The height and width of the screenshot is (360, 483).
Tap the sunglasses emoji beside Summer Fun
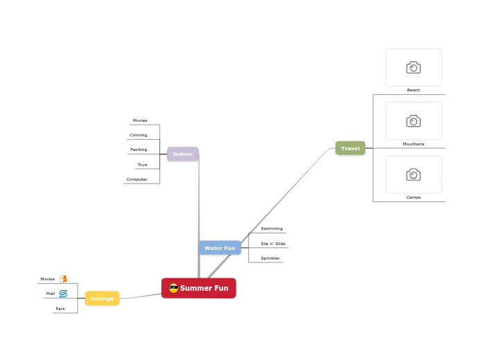174,288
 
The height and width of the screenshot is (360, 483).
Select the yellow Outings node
102,298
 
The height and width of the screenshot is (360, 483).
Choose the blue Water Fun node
220,248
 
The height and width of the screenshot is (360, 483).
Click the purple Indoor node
183,154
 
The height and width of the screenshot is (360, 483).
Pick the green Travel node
350,148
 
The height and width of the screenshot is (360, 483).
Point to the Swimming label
272,228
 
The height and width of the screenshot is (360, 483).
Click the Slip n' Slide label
273,244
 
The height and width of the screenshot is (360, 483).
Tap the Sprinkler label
270,258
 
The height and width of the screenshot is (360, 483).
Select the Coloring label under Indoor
139,135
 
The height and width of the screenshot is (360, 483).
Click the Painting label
139,150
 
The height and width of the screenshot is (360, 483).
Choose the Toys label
142,165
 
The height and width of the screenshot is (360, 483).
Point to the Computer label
137,179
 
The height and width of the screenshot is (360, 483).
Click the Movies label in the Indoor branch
140,120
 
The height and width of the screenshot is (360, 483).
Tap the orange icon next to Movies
63,279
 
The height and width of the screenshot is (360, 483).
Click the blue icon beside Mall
63,294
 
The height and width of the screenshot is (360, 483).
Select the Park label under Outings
60,309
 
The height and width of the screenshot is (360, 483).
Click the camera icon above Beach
414,67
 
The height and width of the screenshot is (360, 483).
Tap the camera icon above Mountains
414,121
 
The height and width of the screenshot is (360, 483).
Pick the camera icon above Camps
414,174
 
